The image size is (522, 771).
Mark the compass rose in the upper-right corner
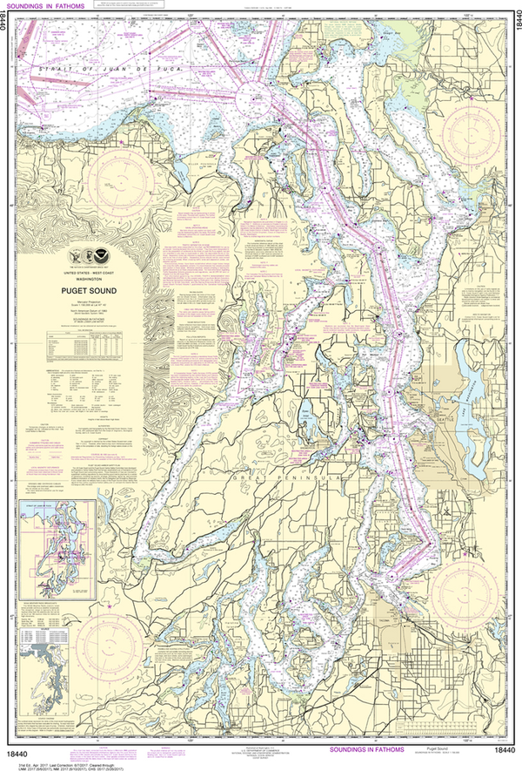pyautogui.click(x=469, y=131)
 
